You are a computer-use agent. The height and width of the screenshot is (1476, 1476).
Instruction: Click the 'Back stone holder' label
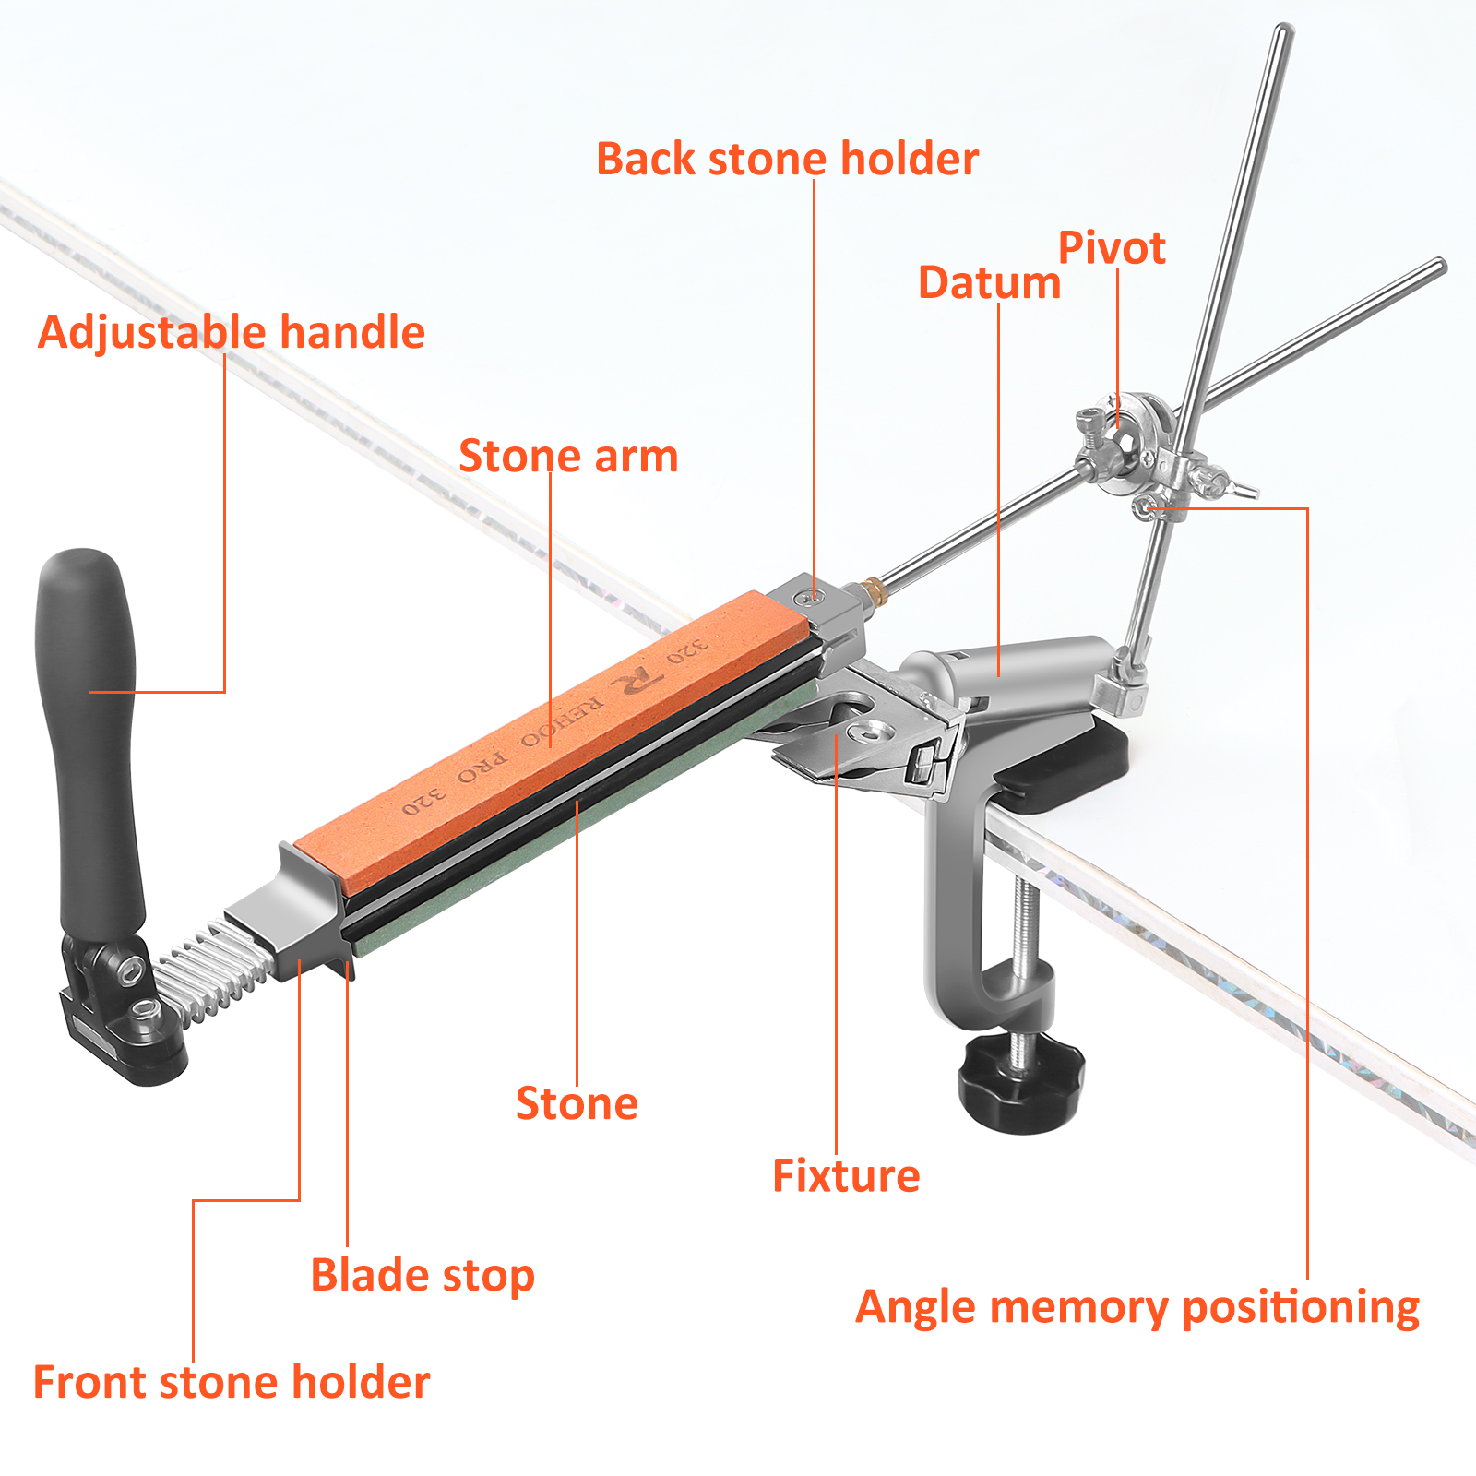[x=787, y=159]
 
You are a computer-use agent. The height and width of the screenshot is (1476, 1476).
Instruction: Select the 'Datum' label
[x=989, y=282]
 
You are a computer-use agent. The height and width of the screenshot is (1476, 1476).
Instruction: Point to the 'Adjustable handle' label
[x=231, y=332]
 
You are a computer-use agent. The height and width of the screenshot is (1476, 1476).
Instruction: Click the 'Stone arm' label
[x=568, y=456]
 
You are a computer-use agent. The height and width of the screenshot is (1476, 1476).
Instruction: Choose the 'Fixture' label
[x=846, y=1175]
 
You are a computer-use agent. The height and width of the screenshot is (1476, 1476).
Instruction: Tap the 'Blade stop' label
[x=423, y=1276]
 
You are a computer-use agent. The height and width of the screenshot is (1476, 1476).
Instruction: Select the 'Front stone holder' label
[x=232, y=1382]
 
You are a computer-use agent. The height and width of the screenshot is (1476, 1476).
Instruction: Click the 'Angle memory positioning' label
[x=1137, y=1308]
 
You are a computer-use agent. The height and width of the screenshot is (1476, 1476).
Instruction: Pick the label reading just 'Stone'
[x=577, y=1103]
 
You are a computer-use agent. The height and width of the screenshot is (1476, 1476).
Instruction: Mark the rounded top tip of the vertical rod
[x=1283, y=30]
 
